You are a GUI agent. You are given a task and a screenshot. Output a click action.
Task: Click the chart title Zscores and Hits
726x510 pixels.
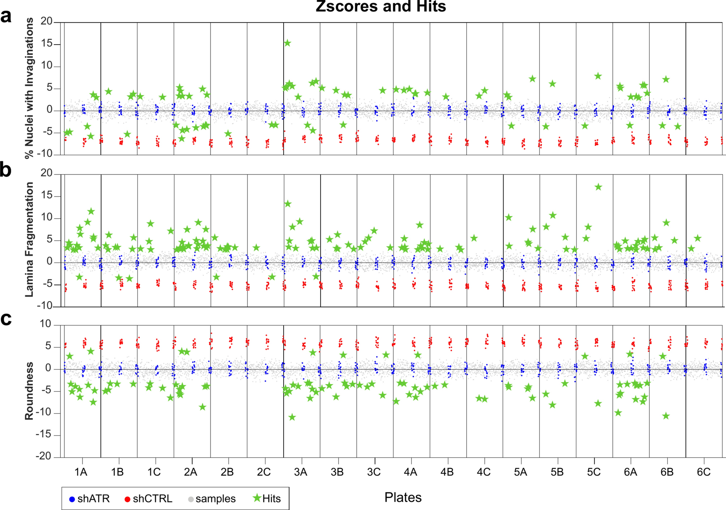[381, 7]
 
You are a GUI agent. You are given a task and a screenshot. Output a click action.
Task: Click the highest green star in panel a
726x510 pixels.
[288, 43]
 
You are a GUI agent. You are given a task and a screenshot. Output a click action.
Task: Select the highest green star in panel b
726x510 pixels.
[598, 187]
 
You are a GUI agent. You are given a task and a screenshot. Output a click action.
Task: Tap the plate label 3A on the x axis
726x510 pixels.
[301, 472]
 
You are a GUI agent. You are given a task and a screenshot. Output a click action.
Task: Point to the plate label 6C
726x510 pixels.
[704, 472]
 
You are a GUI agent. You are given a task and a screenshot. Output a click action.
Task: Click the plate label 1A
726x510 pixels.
[81, 472]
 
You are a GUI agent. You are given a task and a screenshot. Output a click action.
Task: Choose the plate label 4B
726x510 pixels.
[447, 472]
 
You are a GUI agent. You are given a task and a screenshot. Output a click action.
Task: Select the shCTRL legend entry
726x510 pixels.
[148, 499]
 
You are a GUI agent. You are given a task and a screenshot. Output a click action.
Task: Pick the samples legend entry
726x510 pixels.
[212, 499]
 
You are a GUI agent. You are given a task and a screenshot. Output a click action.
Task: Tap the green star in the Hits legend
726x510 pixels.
[257, 498]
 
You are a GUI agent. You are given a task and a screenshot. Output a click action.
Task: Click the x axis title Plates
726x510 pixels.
[403, 497]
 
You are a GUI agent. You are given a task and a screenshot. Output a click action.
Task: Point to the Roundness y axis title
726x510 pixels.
[29, 391]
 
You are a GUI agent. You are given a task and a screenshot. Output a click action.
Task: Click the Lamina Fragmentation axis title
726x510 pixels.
[29, 240]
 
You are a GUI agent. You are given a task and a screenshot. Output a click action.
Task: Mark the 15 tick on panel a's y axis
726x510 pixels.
[46, 44]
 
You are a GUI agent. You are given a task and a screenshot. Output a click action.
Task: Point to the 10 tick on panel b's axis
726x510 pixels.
[46, 218]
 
